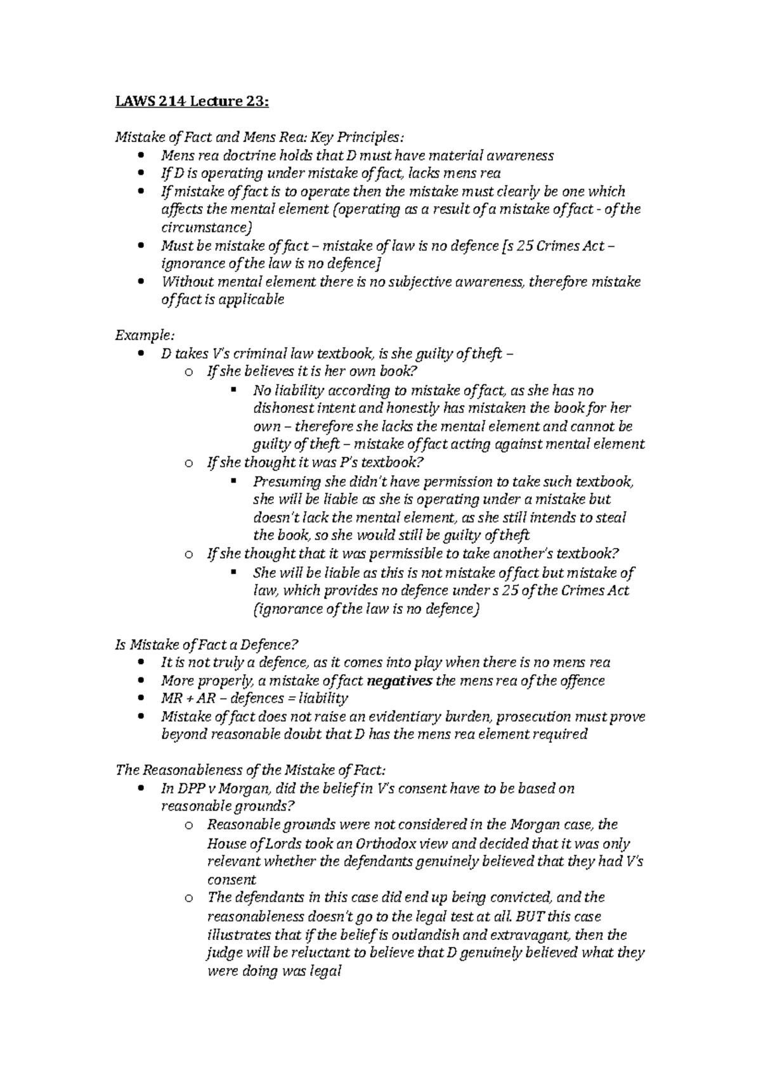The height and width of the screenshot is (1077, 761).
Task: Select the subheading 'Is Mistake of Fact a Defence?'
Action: pyautogui.click(x=206, y=644)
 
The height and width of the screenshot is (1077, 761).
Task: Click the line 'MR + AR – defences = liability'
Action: pyautogui.click(x=254, y=698)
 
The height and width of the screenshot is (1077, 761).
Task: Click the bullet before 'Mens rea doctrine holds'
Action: pyautogui.click(x=140, y=156)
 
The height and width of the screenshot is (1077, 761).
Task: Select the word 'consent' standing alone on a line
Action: pyautogui.click(x=231, y=880)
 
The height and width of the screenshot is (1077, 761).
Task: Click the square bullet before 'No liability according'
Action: pyautogui.click(x=233, y=389)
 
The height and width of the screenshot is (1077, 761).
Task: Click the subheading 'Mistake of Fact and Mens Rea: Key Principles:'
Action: pyautogui.click(x=259, y=137)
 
